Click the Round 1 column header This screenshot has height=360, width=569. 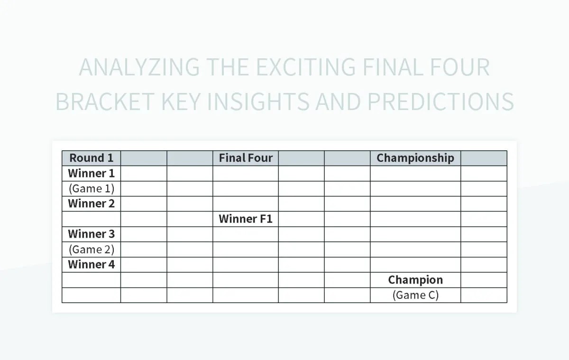pyautogui.click(x=91, y=158)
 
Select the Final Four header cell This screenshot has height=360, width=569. pyautogui.click(x=246, y=158)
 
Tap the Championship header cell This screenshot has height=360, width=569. pyautogui.click(x=415, y=158)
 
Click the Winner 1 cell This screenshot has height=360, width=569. pyautogui.click(x=91, y=173)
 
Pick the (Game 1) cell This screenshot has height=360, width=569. pyautogui.click(x=91, y=188)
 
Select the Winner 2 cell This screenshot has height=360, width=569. pyautogui.click(x=91, y=203)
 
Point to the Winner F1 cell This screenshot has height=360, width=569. pyautogui.click(x=246, y=219)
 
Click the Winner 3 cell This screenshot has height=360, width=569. pyautogui.click(x=91, y=234)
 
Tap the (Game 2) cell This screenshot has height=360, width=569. pyautogui.click(x=91, y=249)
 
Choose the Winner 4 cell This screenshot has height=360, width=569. pyautogui.click(x=91, y=264)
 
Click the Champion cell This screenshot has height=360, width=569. pyautogui.click(x=415, y=280)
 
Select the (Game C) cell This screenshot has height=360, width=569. pyautogui.click(x=415, y=295)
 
